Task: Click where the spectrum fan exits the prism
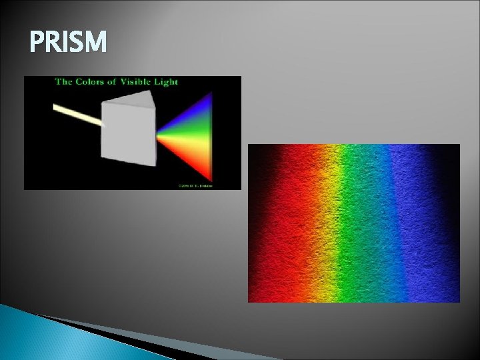point(159,133)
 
